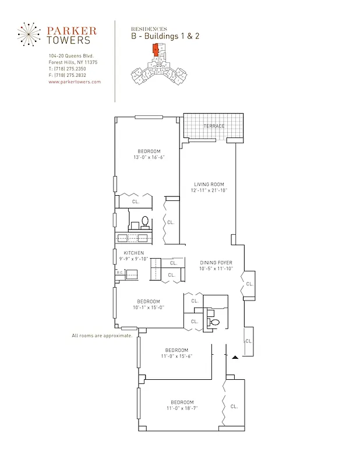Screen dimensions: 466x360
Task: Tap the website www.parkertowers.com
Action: (x=75, y=82)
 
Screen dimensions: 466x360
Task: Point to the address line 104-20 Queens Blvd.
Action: (x=71, y=56)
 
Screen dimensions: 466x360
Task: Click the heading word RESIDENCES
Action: (x=149, y=29)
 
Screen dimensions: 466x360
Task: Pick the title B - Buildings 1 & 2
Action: (x=165, y=36)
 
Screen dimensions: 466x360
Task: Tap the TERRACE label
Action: (x=213, y=126)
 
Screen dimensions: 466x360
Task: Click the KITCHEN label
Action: (x=133, y=253)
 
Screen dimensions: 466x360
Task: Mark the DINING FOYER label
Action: (x=216, y=263)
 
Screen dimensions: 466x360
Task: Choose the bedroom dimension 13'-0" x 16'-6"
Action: (x=149, y=157)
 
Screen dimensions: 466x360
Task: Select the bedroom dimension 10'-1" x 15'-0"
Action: (x=149, y=308)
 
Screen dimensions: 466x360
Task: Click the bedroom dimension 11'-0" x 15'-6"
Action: (x=176, y=356)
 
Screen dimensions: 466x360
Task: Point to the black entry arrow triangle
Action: (x=235, y=356)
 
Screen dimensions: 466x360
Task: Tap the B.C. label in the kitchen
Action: (x=119, y=272)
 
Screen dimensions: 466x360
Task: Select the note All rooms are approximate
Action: (x=101, y=336)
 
